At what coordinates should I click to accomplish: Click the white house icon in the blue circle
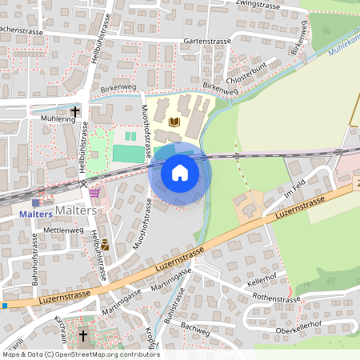(180, 172)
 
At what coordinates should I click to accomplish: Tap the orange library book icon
(175, 122)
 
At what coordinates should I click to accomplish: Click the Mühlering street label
(56, 117)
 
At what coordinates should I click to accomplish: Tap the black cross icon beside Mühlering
(76, 112)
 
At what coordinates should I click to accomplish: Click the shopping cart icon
(96, 192)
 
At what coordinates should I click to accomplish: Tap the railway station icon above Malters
(37, 204)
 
